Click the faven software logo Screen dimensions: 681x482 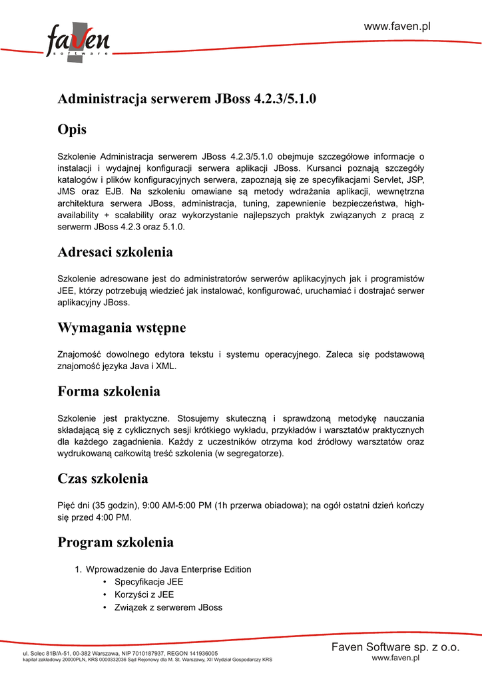pos(77,41)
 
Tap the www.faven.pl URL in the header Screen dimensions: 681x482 pos(397,27)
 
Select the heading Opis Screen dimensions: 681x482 pos(72,129)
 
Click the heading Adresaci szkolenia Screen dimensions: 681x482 pos(115,252)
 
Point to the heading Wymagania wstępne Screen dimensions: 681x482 pos(122,328)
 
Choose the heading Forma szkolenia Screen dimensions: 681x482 pos(109,391)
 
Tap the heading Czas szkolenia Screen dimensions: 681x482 pos(103,479)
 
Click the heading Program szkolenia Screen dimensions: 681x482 pos(116,542)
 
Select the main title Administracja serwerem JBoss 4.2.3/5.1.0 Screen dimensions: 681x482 pos(187,99)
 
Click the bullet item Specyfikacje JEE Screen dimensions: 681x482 pos(148,582)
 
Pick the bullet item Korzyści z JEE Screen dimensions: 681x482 pos(144,595)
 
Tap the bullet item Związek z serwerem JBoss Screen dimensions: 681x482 pos(168,607)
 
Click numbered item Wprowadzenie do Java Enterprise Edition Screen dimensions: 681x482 pos(168,569)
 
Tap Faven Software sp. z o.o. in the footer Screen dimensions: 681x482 pos(395,647)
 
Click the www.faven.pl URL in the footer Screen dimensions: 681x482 pos(395,658)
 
